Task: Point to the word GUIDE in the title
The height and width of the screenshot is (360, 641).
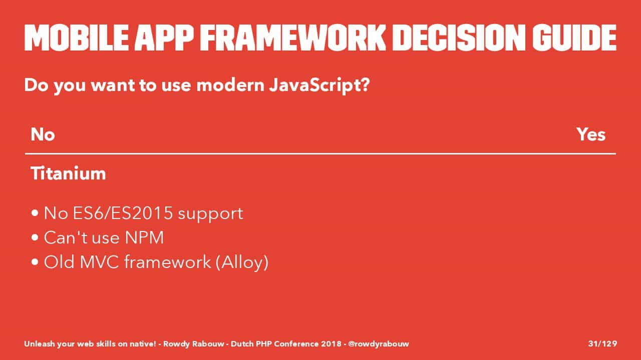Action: pos(574,37)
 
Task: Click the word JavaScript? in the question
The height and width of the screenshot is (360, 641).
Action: pos(319,85)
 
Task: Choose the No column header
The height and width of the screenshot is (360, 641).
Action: pos(43,134)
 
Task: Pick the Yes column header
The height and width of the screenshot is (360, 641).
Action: pos(591,134)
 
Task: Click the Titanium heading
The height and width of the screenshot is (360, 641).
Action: pos(68,173)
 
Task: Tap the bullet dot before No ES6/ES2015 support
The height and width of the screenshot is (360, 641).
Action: pos(35,213)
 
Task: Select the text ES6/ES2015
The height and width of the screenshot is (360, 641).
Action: pos(123,213)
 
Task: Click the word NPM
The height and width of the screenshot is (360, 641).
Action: pos(145,237)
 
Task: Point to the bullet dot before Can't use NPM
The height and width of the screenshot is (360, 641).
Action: pos(35,237)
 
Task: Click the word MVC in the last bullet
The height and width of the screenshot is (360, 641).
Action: pos(100,262)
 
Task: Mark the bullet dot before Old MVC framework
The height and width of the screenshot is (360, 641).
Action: pos(35,262)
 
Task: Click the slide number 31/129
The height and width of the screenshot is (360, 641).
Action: pos(602,343)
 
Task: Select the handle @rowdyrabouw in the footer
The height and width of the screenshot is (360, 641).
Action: pos(379,344)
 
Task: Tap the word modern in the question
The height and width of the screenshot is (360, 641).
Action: pos(230,85)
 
